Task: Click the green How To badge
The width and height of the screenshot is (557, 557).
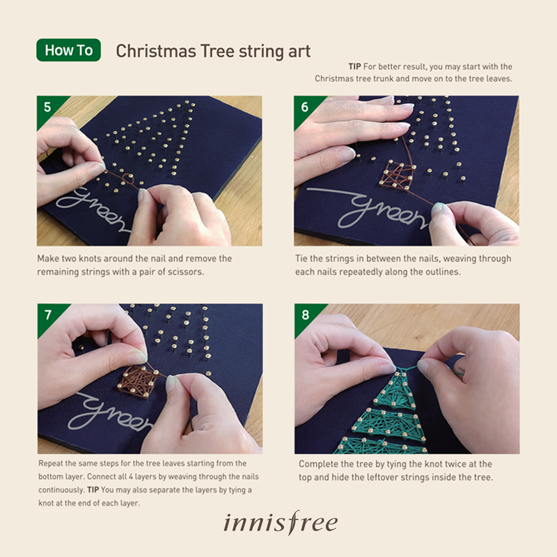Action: pos(68,50)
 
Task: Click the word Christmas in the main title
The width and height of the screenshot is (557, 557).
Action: pos(156,51)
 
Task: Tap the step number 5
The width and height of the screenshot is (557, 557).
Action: pos(47,107)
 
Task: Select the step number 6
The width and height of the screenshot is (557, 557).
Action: pos(304,107)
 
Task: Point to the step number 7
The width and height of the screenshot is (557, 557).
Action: pos(47,315)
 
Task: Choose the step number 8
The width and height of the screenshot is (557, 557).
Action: pos(305,315)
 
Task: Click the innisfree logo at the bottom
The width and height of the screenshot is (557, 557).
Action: pos(281,523)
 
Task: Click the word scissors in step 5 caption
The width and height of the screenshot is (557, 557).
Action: pos(185,272)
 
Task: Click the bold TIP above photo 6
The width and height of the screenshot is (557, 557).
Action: pos(354,67)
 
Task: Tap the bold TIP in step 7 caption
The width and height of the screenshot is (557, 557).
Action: pos(93,490)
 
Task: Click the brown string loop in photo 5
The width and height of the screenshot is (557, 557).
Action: pos(127,178)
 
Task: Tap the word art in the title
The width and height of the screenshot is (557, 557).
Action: pos(299,51)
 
